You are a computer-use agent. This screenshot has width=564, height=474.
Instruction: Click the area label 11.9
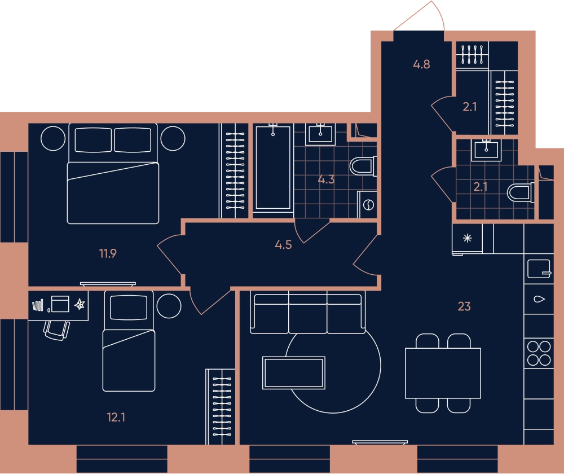(x=108, y=254)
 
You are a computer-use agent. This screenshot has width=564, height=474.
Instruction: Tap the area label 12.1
(x=116, y=417)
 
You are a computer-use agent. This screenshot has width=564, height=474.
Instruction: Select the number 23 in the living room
(x=464, y=306)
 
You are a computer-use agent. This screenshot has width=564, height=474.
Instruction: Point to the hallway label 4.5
(x=283, y=245)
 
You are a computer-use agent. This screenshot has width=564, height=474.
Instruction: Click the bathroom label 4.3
(x=326, y=179)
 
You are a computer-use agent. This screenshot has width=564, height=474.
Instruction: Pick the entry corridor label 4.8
(x=421, y=64)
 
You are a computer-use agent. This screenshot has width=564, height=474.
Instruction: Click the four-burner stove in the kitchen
(x=539, y=353)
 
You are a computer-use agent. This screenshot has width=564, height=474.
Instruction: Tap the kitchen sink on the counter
(x=539, y=299)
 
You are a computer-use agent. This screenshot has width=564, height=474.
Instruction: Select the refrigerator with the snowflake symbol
(x=467, y=239)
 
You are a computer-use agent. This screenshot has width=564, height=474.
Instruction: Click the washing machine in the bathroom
(x=367, y=204)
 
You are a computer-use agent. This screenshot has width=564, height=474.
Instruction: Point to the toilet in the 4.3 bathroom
(x=363, y=166)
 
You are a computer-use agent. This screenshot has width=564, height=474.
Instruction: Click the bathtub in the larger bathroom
(x=273, y=168)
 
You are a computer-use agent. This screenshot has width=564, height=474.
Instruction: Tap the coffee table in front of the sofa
(x=294, y=373)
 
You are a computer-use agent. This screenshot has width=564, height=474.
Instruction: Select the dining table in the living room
(x=443, y=373)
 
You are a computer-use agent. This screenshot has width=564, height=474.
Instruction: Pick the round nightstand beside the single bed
(x=169, y=306)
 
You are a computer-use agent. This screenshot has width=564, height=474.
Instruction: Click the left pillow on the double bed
(x=93, y=140)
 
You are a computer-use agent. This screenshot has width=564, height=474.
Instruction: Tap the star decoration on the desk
(x=80, y=305)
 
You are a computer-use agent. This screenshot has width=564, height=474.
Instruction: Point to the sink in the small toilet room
(x=486, y=150)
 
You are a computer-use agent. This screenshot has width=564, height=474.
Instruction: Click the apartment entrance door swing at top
(x=419, y=16)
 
